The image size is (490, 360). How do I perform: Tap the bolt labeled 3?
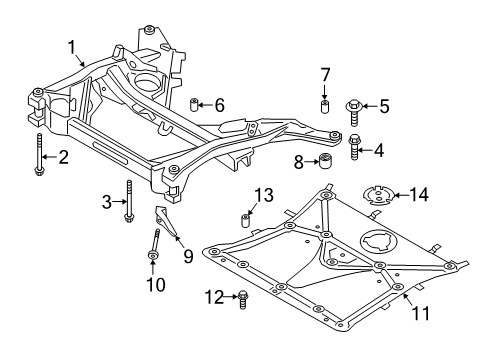pyautogui.click(x=128, y=203)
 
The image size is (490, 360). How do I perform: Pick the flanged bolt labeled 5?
pyautogui.click(x=357, y=104)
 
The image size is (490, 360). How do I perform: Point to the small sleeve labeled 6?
pyautogui.click(x=196, y=104)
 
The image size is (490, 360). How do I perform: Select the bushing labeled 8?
pyautogui.click(x=326, y=162)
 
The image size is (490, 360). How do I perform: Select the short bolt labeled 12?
pyautogui.click(x=242, y=296)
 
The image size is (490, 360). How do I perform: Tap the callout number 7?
pyautogui.click(x=325, y=75)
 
